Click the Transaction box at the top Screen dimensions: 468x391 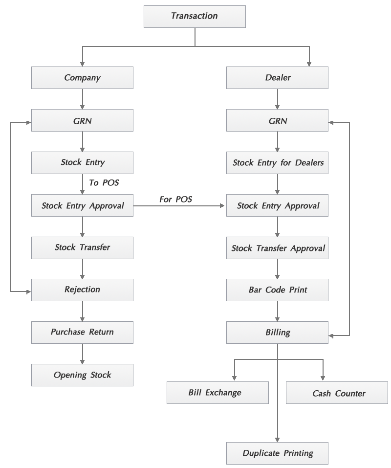coord(194,16)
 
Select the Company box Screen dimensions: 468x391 coord(82,78)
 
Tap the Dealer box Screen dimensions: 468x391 coord(277,78)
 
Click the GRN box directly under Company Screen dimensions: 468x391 coord(82,120)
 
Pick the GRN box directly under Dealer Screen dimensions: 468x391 coord(277,120)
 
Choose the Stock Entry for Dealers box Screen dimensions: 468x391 coord(277,163)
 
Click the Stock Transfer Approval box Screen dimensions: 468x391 coord(277,248)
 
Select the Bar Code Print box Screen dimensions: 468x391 coord(277,290)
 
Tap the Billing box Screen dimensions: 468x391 coord(277,333)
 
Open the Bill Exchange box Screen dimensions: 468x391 coord(217,393)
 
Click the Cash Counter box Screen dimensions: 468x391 coord(337,393)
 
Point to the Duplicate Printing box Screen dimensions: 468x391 coord(277,453)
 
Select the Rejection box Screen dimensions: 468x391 coord(82,290)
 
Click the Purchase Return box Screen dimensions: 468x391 coord(82,332)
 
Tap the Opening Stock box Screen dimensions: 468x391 coord(82,375)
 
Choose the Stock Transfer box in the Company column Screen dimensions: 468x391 coord(82,247)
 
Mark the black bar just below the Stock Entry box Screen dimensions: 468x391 coord(104,182)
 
